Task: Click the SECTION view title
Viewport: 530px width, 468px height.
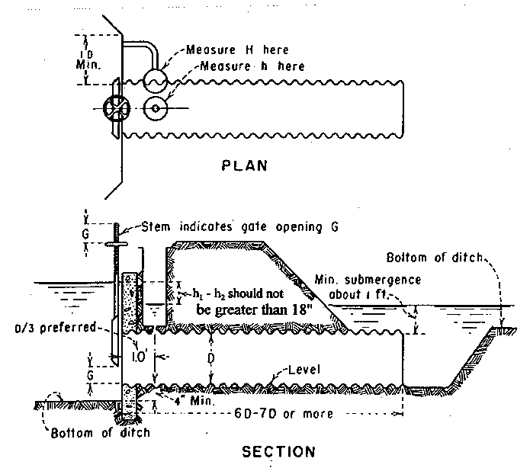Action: pyautogui.click(x=278, y=451)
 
